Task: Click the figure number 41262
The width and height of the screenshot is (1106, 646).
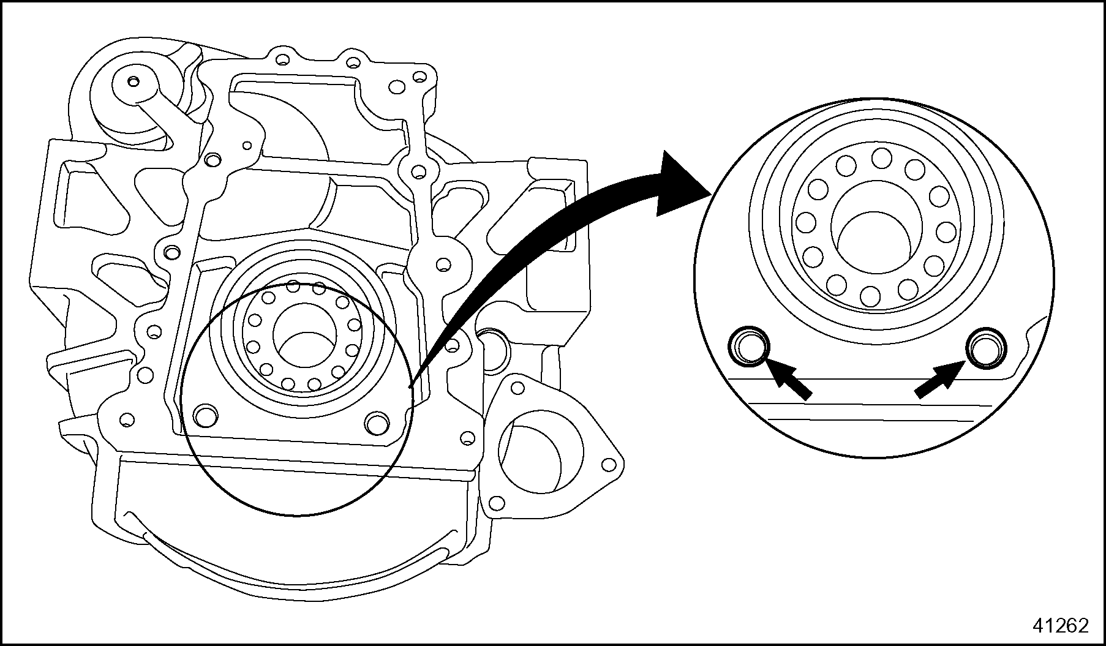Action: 1061,625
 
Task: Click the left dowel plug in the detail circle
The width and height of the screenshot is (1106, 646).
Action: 748,348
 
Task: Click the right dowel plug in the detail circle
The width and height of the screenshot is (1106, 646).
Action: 985,348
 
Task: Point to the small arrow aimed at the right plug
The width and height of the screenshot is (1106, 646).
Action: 941,380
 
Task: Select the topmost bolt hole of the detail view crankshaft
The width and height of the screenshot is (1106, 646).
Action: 882,158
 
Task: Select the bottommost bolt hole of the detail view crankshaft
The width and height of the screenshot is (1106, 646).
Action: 870,296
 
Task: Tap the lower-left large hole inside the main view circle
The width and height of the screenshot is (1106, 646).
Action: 205,416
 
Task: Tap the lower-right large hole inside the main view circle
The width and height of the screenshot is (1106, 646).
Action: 376,422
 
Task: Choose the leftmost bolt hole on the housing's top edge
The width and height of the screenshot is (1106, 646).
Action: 282,60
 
